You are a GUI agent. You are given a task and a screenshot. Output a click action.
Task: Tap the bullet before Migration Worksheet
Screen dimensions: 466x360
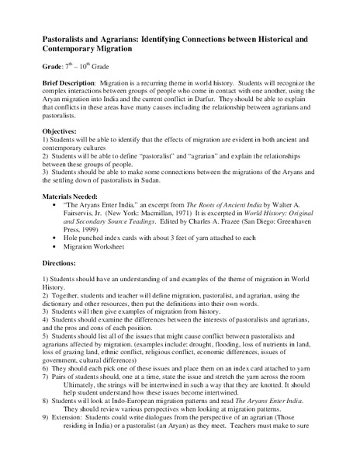[x=75, y=276]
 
